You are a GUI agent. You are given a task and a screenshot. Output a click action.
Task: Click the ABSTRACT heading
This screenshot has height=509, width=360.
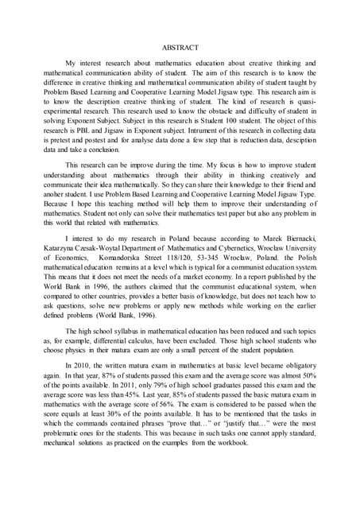pyautogui.click(x=180, y=47)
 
